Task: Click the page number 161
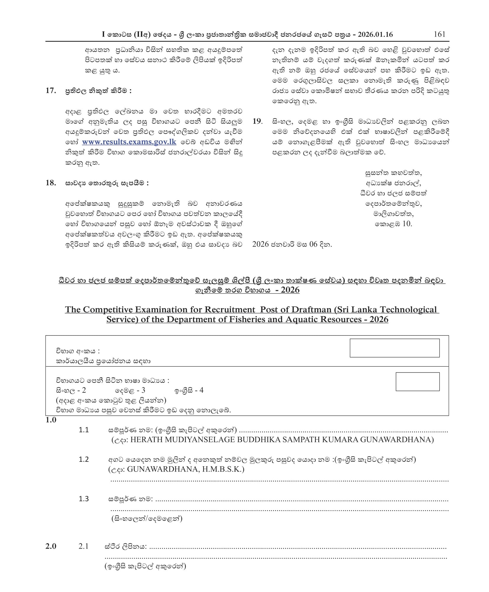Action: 439,34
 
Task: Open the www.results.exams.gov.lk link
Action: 129,142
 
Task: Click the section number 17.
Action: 51,91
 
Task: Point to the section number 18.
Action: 51,183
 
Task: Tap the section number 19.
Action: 257,121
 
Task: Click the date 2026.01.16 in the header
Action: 375,35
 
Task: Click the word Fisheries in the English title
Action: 257,319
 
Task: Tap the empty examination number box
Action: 394,348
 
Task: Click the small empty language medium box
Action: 417,381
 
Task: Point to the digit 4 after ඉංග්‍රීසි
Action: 201,390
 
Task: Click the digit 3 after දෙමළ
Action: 143,390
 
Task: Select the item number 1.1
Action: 84,430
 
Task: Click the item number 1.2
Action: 84,459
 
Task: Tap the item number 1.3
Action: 84,499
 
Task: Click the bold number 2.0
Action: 51,547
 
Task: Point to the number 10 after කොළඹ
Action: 407,224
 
